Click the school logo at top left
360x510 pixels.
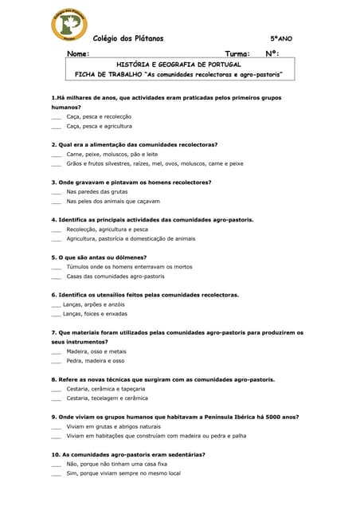[x=69, y=25]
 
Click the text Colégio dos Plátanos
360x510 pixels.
[x=128, y=38]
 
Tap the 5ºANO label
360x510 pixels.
[x=281, y=38]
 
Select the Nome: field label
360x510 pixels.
[x=78, y=54]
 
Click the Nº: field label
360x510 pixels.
[x=272, y=54]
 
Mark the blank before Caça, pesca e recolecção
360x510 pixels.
[x=56, y=117]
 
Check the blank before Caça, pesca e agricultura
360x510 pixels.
[x=56, y=127]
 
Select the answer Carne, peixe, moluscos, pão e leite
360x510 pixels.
[x=112, y=154]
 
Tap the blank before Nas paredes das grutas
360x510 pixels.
[x=56, y=192]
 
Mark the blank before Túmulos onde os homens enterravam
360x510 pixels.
[x=56, y=267]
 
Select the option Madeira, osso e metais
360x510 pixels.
[x=96, y=351]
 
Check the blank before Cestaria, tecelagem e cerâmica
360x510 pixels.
[x=56, y=398]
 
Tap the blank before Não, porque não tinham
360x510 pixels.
[x=56, y=464]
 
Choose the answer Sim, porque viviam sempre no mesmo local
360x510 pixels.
[x=123, y=473]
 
